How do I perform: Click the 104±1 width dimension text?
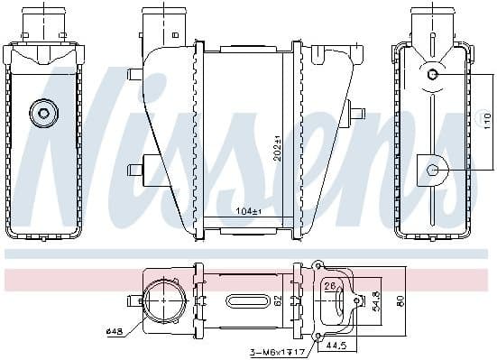pos(247,211)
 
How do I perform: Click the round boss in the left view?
pos(42,114)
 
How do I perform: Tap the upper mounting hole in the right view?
pos(432,74)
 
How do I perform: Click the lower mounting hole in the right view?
pos(433,170)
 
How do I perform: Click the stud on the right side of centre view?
pos(357,114)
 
